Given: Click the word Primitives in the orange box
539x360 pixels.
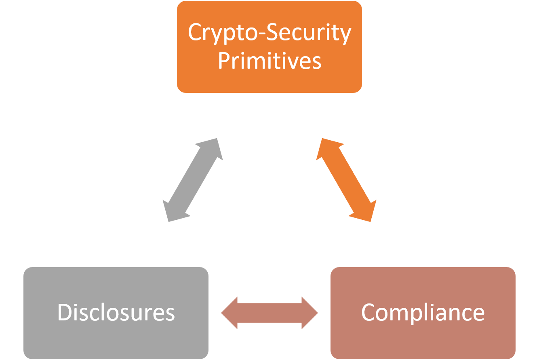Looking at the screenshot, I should tap(269, 61).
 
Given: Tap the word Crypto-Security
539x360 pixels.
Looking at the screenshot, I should tap(269, 33).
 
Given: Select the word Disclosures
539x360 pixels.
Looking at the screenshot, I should tap(116, 312).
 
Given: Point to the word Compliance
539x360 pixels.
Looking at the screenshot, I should tap(423, 312).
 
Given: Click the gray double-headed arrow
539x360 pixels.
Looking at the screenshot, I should tap(193, 180).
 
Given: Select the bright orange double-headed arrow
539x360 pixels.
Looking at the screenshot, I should tap(346, 180).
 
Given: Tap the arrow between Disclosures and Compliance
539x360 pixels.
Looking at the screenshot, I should tap(269, 313).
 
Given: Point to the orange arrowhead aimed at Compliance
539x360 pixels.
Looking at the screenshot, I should tap(366, 211).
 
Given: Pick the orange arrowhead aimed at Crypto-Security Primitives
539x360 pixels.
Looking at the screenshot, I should tap(326, 149).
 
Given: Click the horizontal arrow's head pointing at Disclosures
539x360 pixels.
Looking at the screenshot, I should tap(230, 313).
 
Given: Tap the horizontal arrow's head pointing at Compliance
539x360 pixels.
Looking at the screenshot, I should tap(310, 313).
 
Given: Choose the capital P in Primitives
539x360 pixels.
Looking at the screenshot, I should tap(224, 61).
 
